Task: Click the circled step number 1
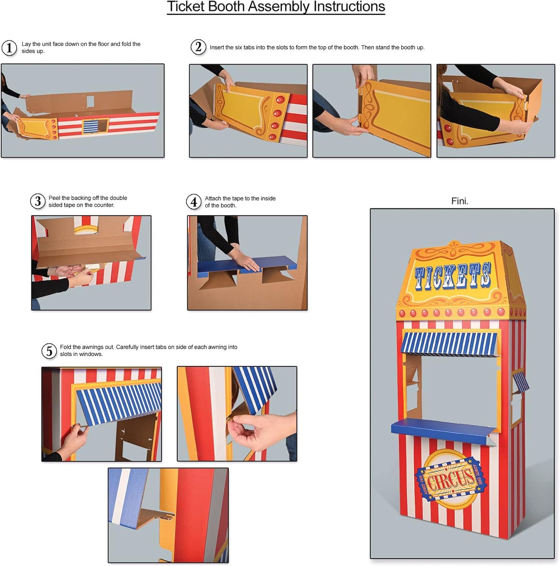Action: (x=9, y=48)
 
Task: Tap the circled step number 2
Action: (x=198, y=47)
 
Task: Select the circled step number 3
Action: (x=38, y=201)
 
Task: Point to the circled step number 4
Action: (x=194, y=202)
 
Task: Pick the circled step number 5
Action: (x=49, y=351)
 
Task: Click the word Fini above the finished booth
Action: (x=460, y=201)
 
